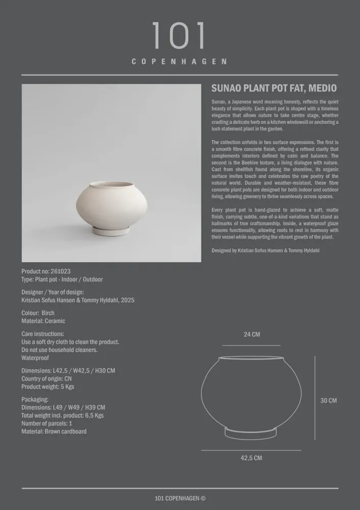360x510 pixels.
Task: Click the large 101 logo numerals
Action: pyautogui.click(x=179, y=36)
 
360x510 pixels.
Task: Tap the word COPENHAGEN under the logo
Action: pyautogui.click(x=179, y=62)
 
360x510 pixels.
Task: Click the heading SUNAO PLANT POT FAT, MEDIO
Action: pyautogui.click(x=274, y=88)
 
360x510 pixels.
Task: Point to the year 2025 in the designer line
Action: pyautogui.click(x=127, y=300)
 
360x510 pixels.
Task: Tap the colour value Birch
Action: pyautogui.click(x=48, y=313)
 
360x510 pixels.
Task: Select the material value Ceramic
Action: pyautogui.click(x=55, y=321)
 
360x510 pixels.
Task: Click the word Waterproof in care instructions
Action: pyautogui.click(x=36, y=358)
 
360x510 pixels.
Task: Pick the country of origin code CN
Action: pyautogui.click(x=67, y=378)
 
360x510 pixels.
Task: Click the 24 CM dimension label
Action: pyautogui.click(x=251, y=335)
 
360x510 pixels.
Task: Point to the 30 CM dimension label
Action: pyautogui.click(x=328, y=400)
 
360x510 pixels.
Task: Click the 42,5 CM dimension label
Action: pyautogui.click(x=251, y=458)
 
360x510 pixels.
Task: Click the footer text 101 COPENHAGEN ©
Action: pyautogui.click(x=180, y=498)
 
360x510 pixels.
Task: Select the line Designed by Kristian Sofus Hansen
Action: pyautogui.click(x=265, y=250)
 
